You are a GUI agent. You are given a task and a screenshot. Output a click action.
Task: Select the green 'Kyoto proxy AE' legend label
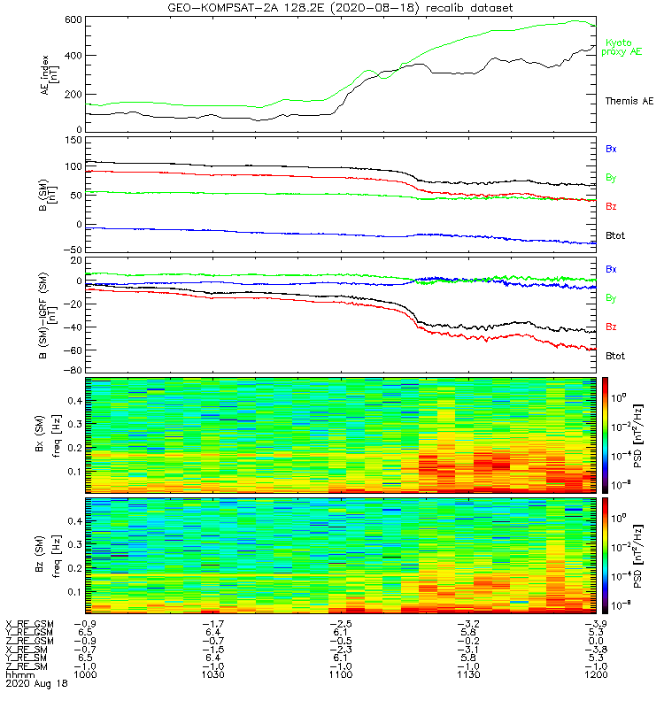(x=622, y=47)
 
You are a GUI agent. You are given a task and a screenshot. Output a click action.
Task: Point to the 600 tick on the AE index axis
(x=73, y=19)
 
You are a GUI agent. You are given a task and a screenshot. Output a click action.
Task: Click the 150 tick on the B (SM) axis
(x=73, y=140)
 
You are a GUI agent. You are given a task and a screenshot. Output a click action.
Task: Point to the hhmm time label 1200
(x=595, y=673)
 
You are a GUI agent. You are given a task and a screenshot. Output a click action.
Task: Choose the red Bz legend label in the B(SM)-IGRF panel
(x=611, y=327)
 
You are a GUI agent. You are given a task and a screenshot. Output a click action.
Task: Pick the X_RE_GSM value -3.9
(x=595, y=622)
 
